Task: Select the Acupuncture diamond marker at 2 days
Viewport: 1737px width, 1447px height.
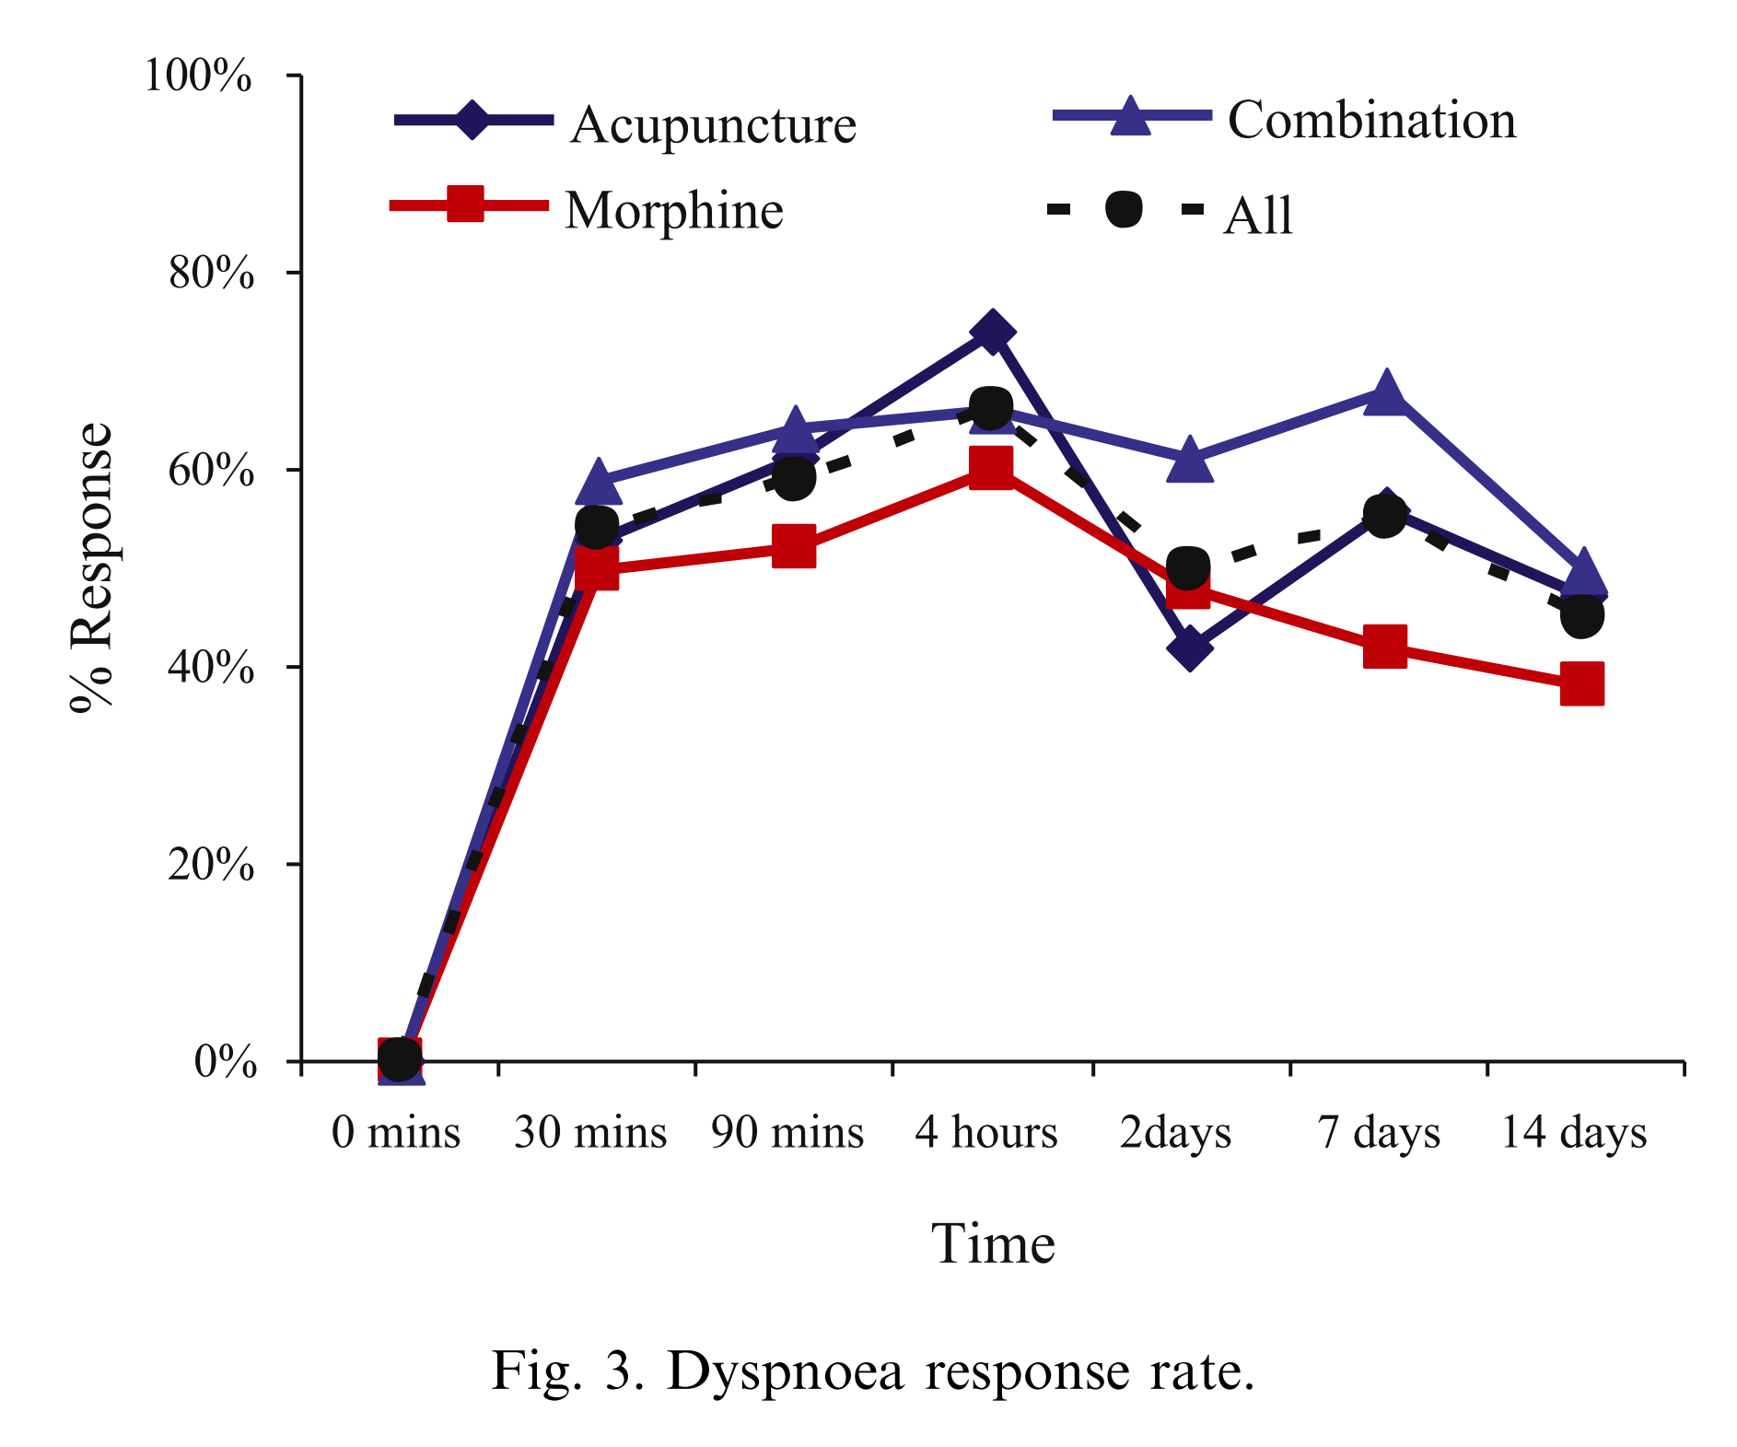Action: coord(1189,648)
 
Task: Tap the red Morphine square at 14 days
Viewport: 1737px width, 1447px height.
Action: coord(1582,683)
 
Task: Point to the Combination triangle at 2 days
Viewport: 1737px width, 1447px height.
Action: coord(1189,461)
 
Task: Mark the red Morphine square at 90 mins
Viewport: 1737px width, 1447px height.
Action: coord(794,547)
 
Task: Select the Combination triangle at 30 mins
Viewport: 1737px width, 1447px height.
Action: coord(598,482)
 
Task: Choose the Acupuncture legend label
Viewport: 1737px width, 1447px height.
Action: coord(714,125)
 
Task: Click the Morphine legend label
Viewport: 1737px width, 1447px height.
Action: coord(674,211)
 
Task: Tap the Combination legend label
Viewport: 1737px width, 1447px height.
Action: coord(1371,121)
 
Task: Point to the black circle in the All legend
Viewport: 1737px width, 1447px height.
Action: coord(1124,209)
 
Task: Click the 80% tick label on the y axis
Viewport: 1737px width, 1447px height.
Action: coord(211,274)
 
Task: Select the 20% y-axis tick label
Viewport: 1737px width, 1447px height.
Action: coord(211,865)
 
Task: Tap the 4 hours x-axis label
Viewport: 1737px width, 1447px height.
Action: coord(986,1132)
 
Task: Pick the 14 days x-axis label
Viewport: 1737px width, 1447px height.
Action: coord(1574,1132)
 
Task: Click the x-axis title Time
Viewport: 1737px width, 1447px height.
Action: coord(993,1244)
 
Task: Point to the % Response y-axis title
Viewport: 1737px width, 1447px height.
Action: coord(92,566)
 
